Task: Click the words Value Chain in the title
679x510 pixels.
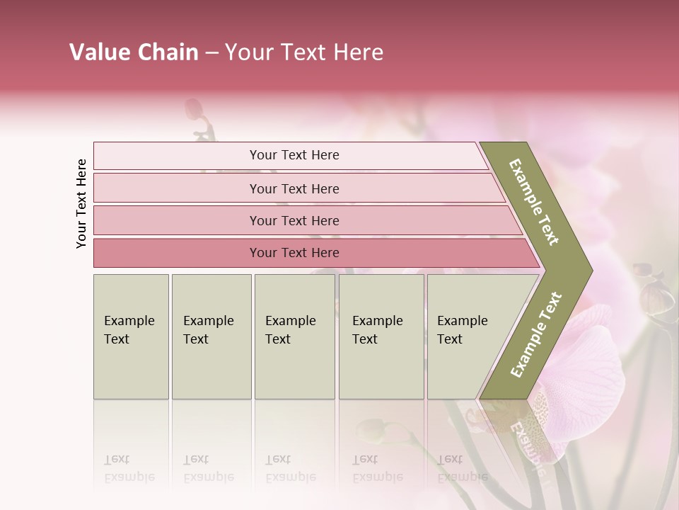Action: (134, 52)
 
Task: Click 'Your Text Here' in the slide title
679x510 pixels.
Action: (304, 52)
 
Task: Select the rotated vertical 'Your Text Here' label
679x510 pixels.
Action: (81, 203)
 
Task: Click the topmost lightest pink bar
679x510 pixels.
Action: (294, 155)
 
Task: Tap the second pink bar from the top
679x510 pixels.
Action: (294, 188)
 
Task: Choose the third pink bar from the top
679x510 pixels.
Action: (294, 220)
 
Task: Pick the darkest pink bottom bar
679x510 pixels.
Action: (294, 253)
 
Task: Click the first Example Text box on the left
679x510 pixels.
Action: (131, 336)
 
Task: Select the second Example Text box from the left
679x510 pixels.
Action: (211, 336)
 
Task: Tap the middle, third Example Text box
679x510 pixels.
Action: (294, 336)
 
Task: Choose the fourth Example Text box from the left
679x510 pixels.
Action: (381, 336)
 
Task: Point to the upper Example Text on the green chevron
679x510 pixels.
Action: (535, 203)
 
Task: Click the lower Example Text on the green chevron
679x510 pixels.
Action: (536, 334)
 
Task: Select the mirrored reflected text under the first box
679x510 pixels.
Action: (129, 469)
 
